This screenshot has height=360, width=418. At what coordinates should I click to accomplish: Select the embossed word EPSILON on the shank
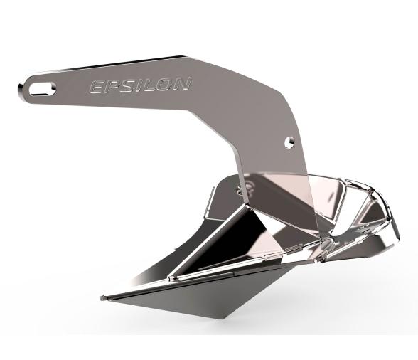(x=138, y=85)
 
